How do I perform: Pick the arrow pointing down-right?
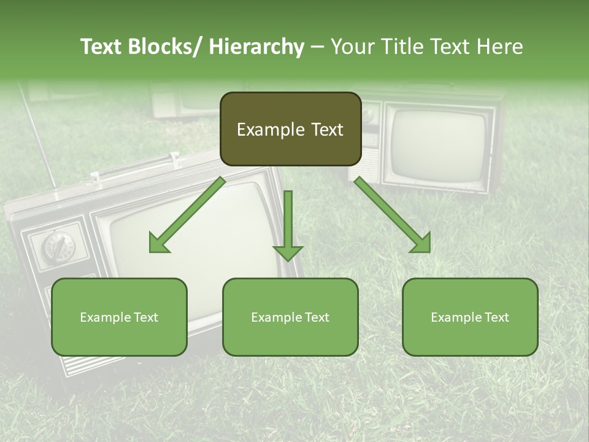pos(393,215)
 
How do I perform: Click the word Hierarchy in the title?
pos(256,47)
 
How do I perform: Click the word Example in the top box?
pos(262,130)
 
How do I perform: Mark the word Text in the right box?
pos(496,317)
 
